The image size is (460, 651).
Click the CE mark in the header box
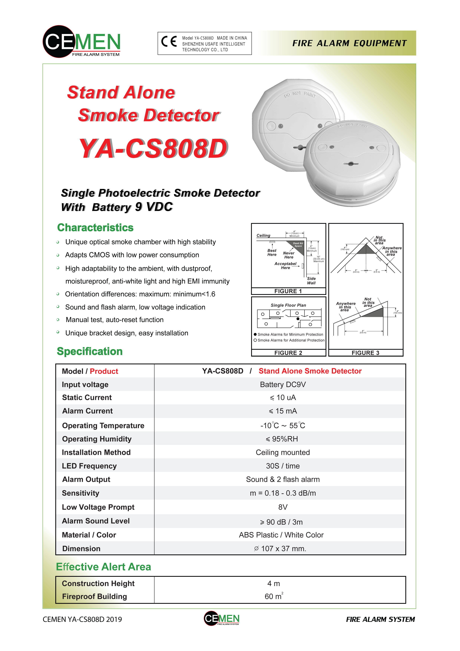[169, 42]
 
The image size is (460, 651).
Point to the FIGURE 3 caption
[365, 353]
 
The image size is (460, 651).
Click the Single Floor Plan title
[288, 305]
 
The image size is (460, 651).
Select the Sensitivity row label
[81, 493]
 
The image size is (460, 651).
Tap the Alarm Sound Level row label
[96, 521]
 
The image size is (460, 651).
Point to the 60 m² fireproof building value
[274, 596]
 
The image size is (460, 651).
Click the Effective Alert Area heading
[103, 567]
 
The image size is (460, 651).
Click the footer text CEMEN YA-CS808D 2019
[82, 619]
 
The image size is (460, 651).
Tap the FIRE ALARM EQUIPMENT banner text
[349, 43]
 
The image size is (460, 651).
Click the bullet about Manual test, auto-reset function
[114, 320]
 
